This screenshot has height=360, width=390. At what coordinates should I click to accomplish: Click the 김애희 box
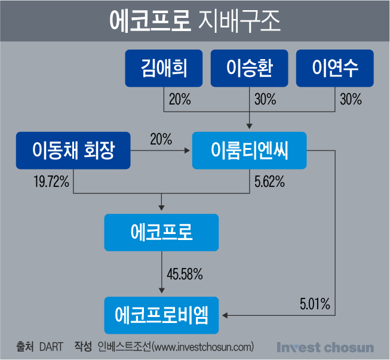pyautogui.click(x=164, y=68)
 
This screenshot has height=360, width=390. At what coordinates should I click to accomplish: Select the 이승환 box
pyautogui.click(x=249, y=68)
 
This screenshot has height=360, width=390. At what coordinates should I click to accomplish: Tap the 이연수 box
pyautogui.click(x=335, y=68)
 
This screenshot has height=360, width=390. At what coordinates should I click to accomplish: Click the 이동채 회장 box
pyautogui.click(x=73, y=150)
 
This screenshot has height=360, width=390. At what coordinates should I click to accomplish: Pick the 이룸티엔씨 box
pyautogui.click(x=249, y=150)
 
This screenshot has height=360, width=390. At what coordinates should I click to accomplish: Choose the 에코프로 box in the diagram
pyautogui.click(x=161, y=232)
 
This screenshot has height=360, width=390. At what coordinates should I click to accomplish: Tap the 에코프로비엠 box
pyautogui.click(x=161, y=315)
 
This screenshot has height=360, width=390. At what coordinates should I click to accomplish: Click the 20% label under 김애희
pyautogui.click(x=180, y=99)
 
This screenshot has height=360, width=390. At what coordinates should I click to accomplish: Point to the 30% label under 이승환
pyautogui.click(x=265, y=99)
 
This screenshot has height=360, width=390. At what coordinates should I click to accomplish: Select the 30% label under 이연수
pyautogui.click(x=351, y=99)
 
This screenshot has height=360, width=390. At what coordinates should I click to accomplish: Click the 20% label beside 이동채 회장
pyautogui.click(x=161, y=139)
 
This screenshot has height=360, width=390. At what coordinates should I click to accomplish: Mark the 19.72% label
pyautogui.click(x=51, y=181)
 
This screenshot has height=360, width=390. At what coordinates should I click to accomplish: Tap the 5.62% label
pyautogui.click(x=269, y=181)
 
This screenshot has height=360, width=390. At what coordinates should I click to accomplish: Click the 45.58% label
pyautogui.click(x=185, y=274)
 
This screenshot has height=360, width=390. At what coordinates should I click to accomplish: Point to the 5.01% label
pyautogui.click(x=315, y=304)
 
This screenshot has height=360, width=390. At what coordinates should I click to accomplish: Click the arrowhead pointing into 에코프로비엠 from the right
pyautogui.click(x=225, y=315)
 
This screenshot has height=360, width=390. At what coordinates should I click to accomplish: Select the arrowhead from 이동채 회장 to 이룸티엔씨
pyautogui.click(x=187, y=150)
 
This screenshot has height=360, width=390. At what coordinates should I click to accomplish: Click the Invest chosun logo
pyautogui.click(x=325, y=347)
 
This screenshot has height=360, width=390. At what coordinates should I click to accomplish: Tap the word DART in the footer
pyautogui.click(x=51, y=347)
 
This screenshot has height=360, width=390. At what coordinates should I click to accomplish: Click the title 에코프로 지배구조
pyautogui.click(x=195, y=21)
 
